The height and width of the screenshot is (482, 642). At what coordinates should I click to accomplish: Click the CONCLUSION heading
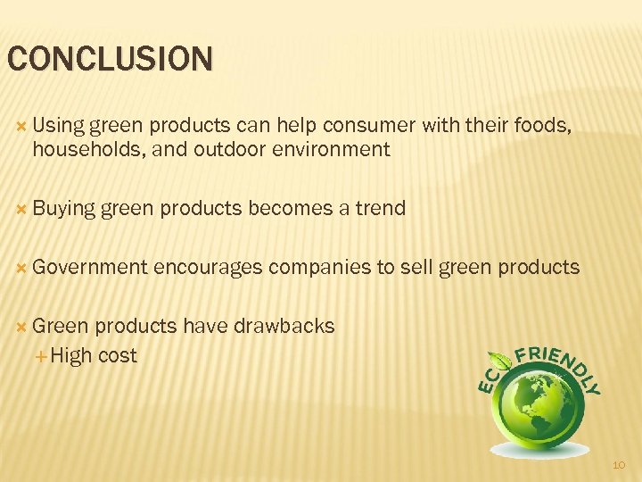[111, 59]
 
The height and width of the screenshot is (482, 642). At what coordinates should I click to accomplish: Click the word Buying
[63, 209]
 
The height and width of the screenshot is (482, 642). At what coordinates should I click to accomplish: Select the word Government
[90, 267]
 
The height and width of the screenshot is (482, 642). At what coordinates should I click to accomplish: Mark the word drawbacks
[284, 326]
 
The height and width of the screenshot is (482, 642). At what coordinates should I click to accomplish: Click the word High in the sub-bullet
[72, 355]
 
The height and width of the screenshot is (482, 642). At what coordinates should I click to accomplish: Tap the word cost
[118, 355]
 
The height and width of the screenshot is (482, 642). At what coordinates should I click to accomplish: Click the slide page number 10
[621, 465]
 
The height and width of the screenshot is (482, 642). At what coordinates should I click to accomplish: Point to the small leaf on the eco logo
[504, 361]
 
